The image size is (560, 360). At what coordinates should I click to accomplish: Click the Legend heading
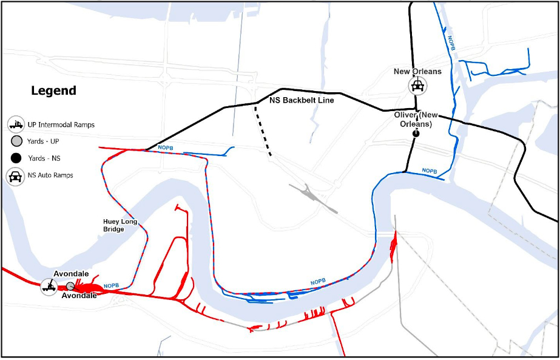[53, 91]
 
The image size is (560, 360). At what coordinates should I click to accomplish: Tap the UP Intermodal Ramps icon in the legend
[16, 125]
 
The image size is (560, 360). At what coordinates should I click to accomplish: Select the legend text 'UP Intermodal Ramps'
[61, 125]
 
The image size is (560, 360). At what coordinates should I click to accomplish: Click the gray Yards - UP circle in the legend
[16, 141]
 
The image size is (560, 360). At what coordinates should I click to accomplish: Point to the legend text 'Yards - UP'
[47, 141]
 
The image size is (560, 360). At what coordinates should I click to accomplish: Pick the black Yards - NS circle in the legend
[16, 158]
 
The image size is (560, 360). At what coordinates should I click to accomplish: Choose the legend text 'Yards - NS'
[47, 158]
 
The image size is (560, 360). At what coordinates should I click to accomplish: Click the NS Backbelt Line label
[302, 100]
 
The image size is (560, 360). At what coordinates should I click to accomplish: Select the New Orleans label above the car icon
[417, 72]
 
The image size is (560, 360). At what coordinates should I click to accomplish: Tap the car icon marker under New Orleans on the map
[417, 86]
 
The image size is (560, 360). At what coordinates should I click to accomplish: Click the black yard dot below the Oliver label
[416, 133]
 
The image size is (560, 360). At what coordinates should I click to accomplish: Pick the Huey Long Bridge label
[120, 225]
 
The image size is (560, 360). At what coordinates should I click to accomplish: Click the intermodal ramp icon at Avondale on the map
[49, 285]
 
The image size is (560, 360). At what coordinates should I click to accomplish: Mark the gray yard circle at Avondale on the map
[70, 286]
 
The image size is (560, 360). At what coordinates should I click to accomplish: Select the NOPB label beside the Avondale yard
[112, 285]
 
